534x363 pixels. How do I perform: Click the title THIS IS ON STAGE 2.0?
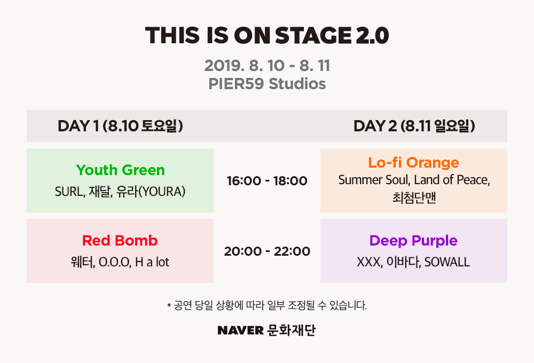pos(267,35)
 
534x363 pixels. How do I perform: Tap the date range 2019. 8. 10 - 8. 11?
pos(268,66)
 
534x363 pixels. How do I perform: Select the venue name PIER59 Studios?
pos(267,84)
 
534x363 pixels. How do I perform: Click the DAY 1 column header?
pos(120,126)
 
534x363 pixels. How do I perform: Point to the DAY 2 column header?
pos(414,126)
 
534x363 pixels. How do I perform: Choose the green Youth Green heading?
pos(120,170)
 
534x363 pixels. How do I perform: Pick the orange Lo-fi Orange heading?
pos(414,162)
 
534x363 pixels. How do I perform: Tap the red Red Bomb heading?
pos(120,241)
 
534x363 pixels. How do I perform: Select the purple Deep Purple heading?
pos(413,241)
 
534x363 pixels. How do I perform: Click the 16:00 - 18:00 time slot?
pos(267,181)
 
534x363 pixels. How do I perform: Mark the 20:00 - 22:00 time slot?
pos(267,251)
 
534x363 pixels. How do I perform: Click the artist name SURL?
pos(69,192)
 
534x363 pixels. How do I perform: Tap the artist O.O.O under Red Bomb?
pos(114,262)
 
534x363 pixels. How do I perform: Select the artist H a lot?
pos(152,262)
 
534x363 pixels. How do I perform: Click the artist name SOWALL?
pos(447,262)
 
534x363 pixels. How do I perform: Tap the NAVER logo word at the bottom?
pos(240,330)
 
